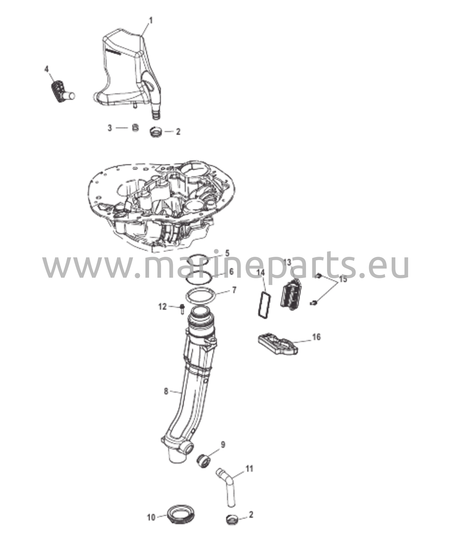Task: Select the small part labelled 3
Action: coord(135,128)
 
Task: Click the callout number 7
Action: coord(234,290)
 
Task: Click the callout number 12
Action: coord(162,307)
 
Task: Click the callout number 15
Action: coord(343,279)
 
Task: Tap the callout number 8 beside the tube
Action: coord(166,399)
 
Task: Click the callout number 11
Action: coord(249,469)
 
